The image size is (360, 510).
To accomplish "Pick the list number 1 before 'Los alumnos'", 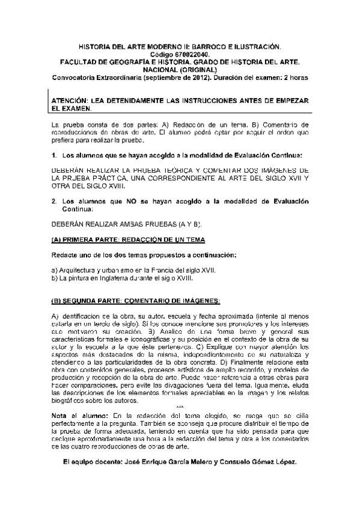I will (x=53, y=155).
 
